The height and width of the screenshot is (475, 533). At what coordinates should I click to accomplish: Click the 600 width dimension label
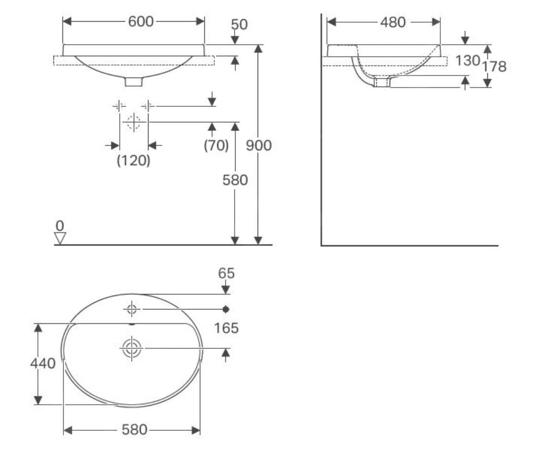[141, 22]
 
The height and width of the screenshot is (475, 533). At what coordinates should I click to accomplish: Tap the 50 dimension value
[239, 25]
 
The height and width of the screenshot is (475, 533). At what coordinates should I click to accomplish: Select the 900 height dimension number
[259, 146]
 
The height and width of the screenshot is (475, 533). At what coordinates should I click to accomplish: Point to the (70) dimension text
[216, 146]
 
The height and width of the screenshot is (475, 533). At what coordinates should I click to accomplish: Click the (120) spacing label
[133, 160]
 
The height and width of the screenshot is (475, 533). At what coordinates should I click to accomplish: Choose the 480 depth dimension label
[393, 23]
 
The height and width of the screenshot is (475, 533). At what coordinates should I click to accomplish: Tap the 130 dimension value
[467, 61]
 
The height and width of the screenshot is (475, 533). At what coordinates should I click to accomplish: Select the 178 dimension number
[494, 67]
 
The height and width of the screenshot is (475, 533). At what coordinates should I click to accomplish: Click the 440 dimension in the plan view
[43, 363]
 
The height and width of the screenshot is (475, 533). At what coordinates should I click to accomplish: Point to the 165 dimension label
[226, 328]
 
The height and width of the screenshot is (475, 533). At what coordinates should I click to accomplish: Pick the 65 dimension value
[226, 273]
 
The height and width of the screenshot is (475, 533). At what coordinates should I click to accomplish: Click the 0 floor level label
[60, 226]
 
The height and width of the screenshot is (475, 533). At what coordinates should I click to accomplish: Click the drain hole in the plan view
[132, 348]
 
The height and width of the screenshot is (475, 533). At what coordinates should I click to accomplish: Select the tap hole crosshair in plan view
[132, 309]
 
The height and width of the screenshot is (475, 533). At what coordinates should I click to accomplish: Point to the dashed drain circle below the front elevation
[134, 122]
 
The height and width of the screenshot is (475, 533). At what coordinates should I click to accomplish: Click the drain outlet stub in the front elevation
[134, 82]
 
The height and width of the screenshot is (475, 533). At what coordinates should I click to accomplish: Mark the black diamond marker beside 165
[226, 309]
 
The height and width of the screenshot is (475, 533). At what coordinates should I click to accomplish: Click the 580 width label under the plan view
[134, 430]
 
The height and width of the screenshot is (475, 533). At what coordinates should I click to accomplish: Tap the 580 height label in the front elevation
[235, 180]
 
